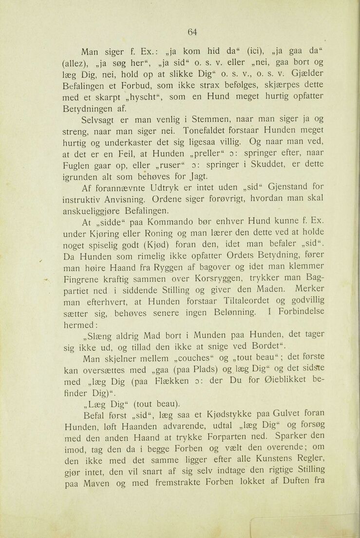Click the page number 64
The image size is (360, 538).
pos(192,32)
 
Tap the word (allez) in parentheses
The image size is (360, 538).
pos(76,62)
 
